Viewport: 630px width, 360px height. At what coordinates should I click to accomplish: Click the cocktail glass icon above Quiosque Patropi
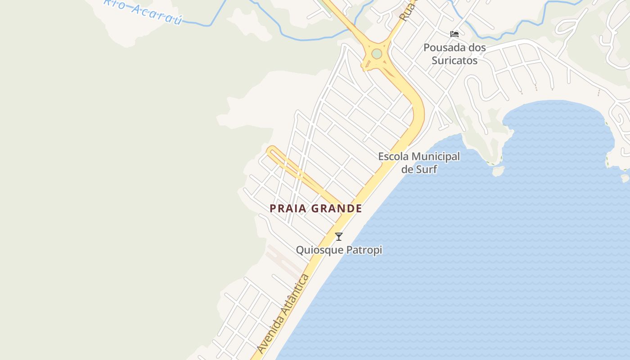click(339, 236)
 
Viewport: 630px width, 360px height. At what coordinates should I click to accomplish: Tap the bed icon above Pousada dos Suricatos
click(454, 34)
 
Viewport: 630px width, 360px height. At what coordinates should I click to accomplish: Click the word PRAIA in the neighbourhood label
click(288, 208)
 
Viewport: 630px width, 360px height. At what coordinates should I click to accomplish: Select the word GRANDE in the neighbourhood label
click(337, 208)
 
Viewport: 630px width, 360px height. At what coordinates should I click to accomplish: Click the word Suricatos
click(454, 60)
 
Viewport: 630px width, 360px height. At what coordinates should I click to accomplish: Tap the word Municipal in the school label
click(436, 157)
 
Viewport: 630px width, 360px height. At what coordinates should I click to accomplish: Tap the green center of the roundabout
click(377, 54)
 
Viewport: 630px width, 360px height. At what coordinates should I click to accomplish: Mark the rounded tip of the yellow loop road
click(270, 150)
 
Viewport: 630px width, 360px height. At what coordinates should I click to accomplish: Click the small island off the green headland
click(498, 171)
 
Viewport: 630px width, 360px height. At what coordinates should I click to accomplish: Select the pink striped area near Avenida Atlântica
click(283, 261)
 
